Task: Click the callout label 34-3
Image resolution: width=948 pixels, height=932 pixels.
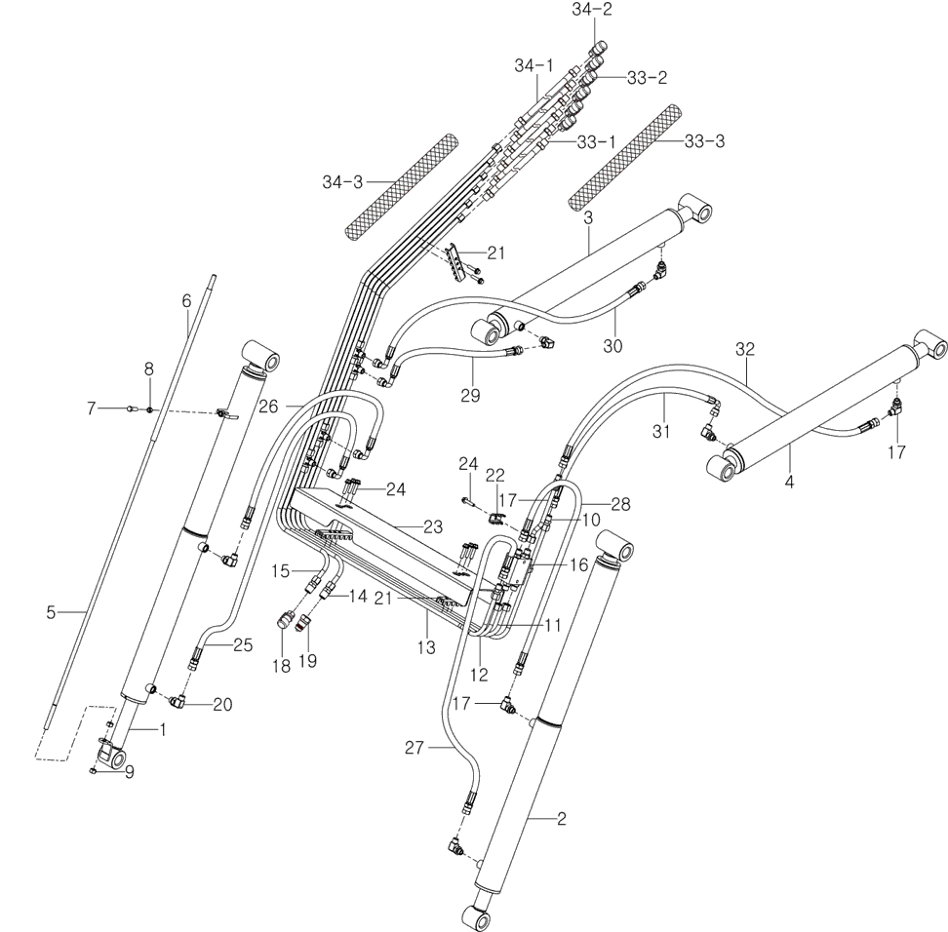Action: [343, 181]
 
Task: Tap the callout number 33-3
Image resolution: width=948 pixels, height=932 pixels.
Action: [704, 140]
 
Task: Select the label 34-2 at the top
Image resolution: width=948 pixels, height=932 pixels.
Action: [592, 11]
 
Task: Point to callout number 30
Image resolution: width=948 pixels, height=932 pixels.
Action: [613, 345]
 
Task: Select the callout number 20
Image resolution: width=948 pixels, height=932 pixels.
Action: [223, 705]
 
